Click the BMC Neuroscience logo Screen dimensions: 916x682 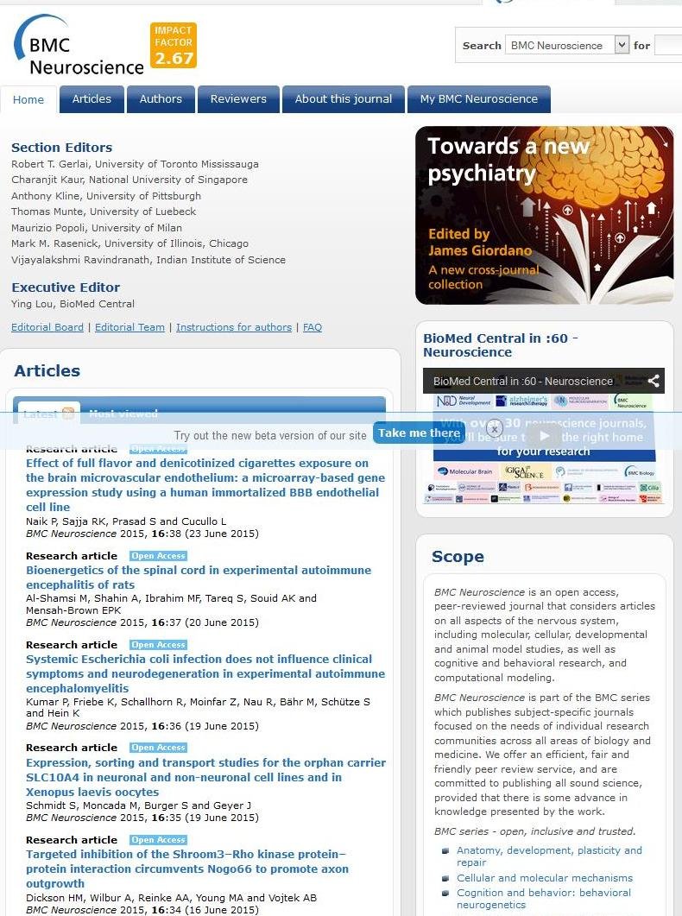click(78, 47)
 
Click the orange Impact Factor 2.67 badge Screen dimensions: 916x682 click(174, 46)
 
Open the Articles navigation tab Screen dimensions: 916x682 click(92, 99)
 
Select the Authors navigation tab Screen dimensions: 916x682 click(161, 99)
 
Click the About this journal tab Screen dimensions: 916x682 click(344, 99)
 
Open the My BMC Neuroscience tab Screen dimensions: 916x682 click(479, 99)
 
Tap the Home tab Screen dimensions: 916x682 click(28, 100)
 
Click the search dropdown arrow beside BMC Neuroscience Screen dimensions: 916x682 click(622, 45)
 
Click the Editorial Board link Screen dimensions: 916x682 click(47, 327)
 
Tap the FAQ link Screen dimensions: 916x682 click(313, 327)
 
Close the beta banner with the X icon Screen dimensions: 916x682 click(495, 427)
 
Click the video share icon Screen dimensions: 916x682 click(654, 381)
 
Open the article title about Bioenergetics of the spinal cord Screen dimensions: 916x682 click(199, 578)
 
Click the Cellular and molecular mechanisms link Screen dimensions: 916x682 click(545, 878)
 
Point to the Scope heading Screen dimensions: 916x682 click(458, 557)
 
